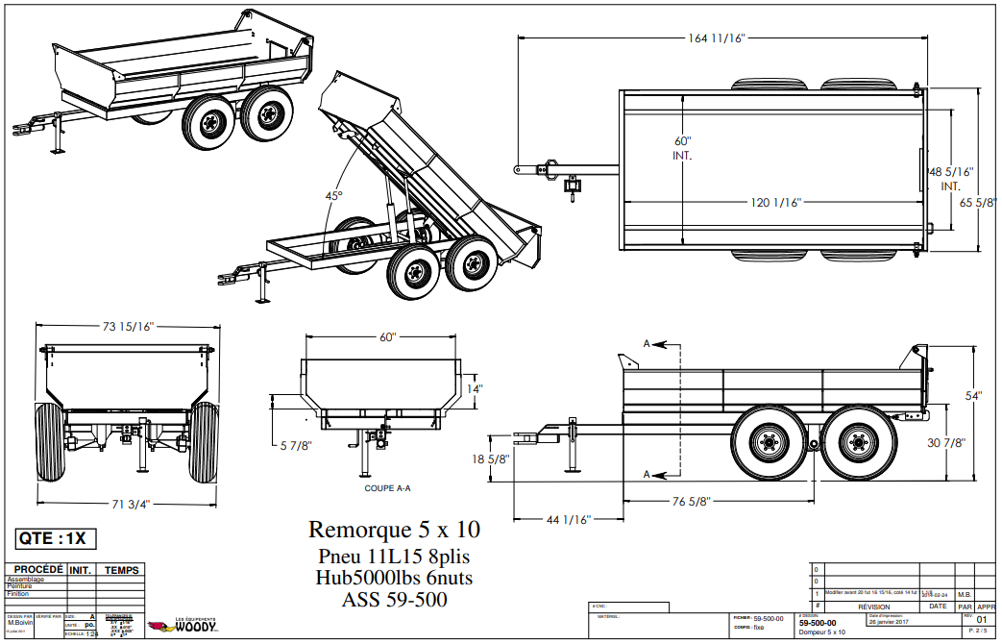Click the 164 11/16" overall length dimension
pos(717,37)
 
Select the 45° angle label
pos(333,196)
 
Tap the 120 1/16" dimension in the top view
pos(775,202)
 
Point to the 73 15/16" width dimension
pos(128,327)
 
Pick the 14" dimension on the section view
pos(475,389)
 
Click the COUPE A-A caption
pos(387,488)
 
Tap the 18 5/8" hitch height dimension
pos(491,459)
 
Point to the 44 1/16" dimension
pos(566,519)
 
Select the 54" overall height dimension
pos(974,396)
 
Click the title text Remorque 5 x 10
pos(394,530)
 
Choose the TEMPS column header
pos(122,570)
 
